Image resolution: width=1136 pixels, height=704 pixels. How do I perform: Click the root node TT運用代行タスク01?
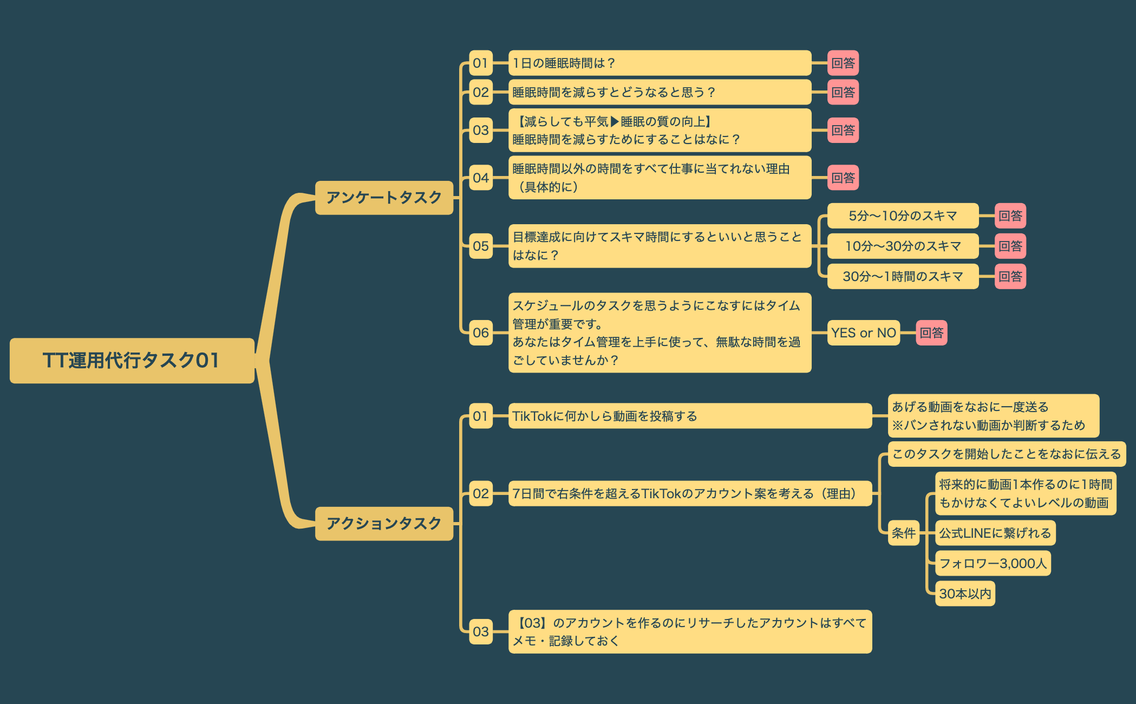click(x=132, y=361)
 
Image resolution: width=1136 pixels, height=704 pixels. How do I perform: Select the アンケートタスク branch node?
click(x=384, y=198)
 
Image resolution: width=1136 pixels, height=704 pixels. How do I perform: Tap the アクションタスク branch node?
click(x=384, y=524)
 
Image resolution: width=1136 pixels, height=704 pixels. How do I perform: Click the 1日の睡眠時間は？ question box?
click(x=659, y=63)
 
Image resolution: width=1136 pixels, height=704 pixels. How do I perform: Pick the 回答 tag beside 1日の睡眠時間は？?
click(x=843, y=63)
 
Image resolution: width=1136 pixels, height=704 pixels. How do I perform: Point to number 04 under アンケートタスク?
click(x=481, y=178)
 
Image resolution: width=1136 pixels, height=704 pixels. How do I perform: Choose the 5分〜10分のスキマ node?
click(x=903, y=216)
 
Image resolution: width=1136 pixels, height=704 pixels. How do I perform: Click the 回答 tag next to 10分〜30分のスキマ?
click(x=1010, y=246)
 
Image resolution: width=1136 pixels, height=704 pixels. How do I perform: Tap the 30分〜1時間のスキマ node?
click(x=903, y=277)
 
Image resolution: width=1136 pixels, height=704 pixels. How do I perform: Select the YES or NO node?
click(x=864, y=333)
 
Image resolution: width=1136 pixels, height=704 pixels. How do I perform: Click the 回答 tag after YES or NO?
click(x=931, y=333)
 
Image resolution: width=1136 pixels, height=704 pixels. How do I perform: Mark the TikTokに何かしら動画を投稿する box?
click(x=690, y=416)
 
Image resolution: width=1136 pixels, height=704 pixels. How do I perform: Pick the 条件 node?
click(x=904, y=533)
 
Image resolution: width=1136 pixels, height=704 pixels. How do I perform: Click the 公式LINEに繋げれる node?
click(x=995, y=533)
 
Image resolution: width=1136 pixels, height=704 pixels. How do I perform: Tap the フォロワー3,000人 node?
click(x=993, y=564)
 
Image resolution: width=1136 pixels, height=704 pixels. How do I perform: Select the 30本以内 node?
click(x=965, y=594)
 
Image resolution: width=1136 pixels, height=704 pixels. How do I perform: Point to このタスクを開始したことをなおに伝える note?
click(x=1006, y=454)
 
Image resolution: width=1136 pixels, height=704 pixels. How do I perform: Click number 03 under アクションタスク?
click(x=481, y=631)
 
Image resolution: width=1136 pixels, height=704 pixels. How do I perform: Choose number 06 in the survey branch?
click(x=481, y=333)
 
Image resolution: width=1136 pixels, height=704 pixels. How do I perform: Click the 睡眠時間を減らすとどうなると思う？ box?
click(x=659, y=93)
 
